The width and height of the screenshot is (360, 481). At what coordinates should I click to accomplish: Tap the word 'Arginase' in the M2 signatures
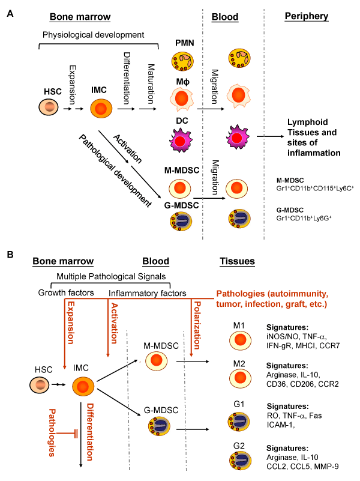coord(281,375)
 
